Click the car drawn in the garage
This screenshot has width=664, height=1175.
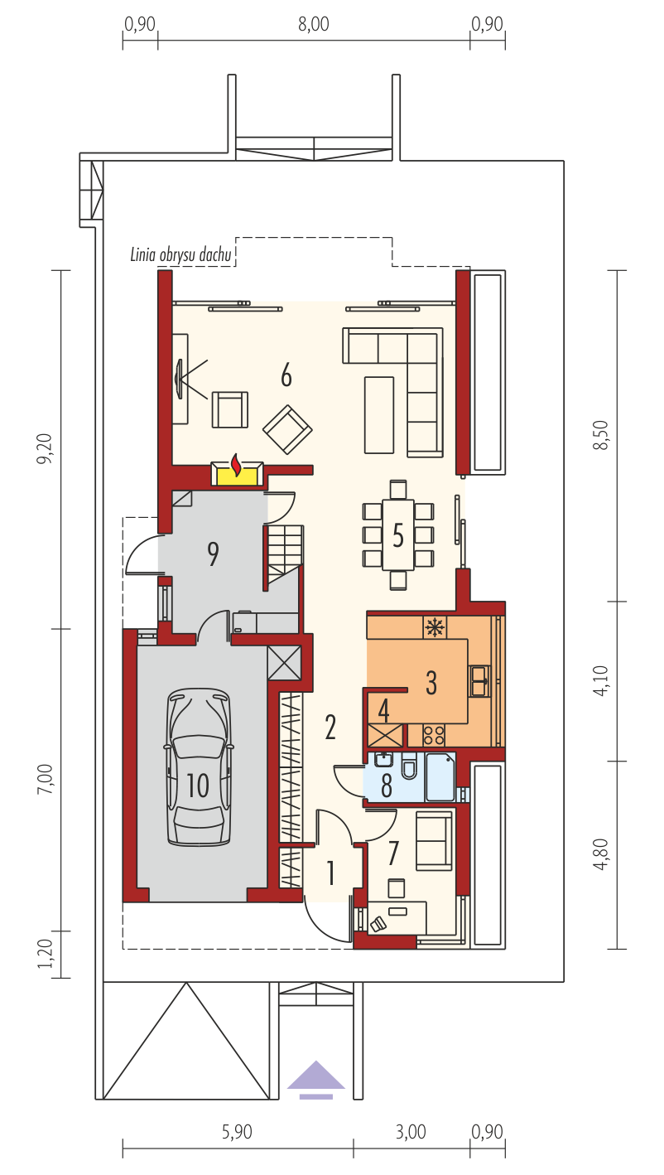pos(198,766)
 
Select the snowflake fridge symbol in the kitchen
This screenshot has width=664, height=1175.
pos(435,627)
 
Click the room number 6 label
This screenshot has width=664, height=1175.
pos(286,376)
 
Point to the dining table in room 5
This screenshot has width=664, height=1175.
pos(398,534)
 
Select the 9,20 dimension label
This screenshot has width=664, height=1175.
pos(45,448)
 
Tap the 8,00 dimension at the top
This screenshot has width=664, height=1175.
pos(314,24)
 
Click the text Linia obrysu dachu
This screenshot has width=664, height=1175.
pos(180,255)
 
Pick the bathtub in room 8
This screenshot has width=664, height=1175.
pos(440,777)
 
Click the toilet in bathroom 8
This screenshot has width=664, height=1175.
pos(409,766)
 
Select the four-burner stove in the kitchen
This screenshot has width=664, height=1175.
pos(434,734)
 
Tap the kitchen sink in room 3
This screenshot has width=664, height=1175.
pos(479,681)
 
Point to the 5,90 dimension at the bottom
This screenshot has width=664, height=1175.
pos(237,1132)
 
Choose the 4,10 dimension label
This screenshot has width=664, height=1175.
pos(601,680)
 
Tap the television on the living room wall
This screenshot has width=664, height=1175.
pos(179,379)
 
